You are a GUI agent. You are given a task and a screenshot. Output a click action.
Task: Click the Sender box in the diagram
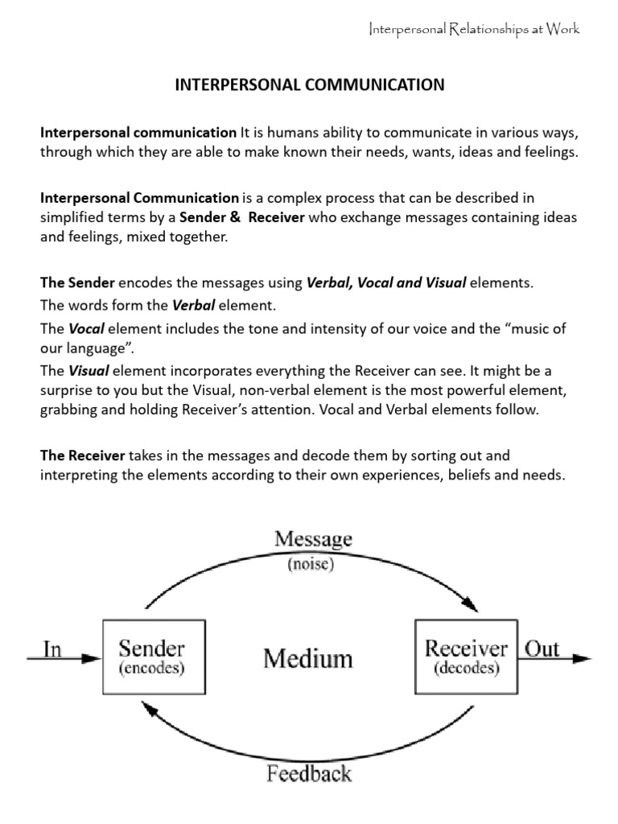(152, 657)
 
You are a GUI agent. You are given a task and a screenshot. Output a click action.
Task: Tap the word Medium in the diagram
(308, 659)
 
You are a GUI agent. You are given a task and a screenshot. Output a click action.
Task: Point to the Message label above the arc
(313, 539)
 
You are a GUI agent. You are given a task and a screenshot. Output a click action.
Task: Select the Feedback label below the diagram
(310, 774)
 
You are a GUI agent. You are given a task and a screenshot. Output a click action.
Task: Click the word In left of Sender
(52, 649)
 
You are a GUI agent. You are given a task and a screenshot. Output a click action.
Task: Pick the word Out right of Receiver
(542, 649)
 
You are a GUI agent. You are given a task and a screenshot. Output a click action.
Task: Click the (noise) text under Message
(313, 564)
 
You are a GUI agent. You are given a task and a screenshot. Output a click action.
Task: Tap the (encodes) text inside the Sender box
(152, 669)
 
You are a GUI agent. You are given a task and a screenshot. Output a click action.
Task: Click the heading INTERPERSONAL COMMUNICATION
(310, 84)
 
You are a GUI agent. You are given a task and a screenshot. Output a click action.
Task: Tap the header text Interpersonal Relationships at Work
(473, 30)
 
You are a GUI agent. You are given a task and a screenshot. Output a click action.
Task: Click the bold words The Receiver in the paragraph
(82, 455)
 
